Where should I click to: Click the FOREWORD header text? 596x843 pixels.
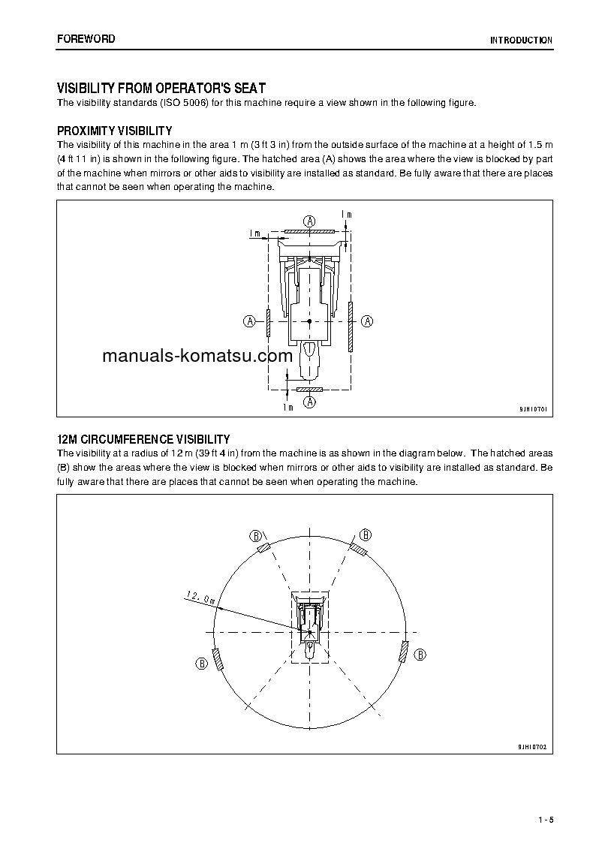point(86,39)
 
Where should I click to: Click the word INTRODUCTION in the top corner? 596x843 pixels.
point(521,41)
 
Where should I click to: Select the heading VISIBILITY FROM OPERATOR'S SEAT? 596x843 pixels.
point(161,89)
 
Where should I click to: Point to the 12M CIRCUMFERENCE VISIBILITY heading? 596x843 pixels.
point(143,439)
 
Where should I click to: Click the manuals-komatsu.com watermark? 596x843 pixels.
point(197,356)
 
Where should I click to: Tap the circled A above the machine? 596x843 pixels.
point(309,220)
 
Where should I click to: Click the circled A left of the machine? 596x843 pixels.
point(249,321)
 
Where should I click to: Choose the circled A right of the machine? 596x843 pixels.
point(368,321)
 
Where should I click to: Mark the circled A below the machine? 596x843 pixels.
point(309,402)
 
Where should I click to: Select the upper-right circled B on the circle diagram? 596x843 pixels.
point(366,534)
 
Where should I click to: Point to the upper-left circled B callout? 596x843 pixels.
point(255,535)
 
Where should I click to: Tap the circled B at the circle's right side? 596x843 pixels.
point(420,655)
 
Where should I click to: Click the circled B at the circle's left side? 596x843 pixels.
point(201,663)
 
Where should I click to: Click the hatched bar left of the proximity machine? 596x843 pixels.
point(268,321)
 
